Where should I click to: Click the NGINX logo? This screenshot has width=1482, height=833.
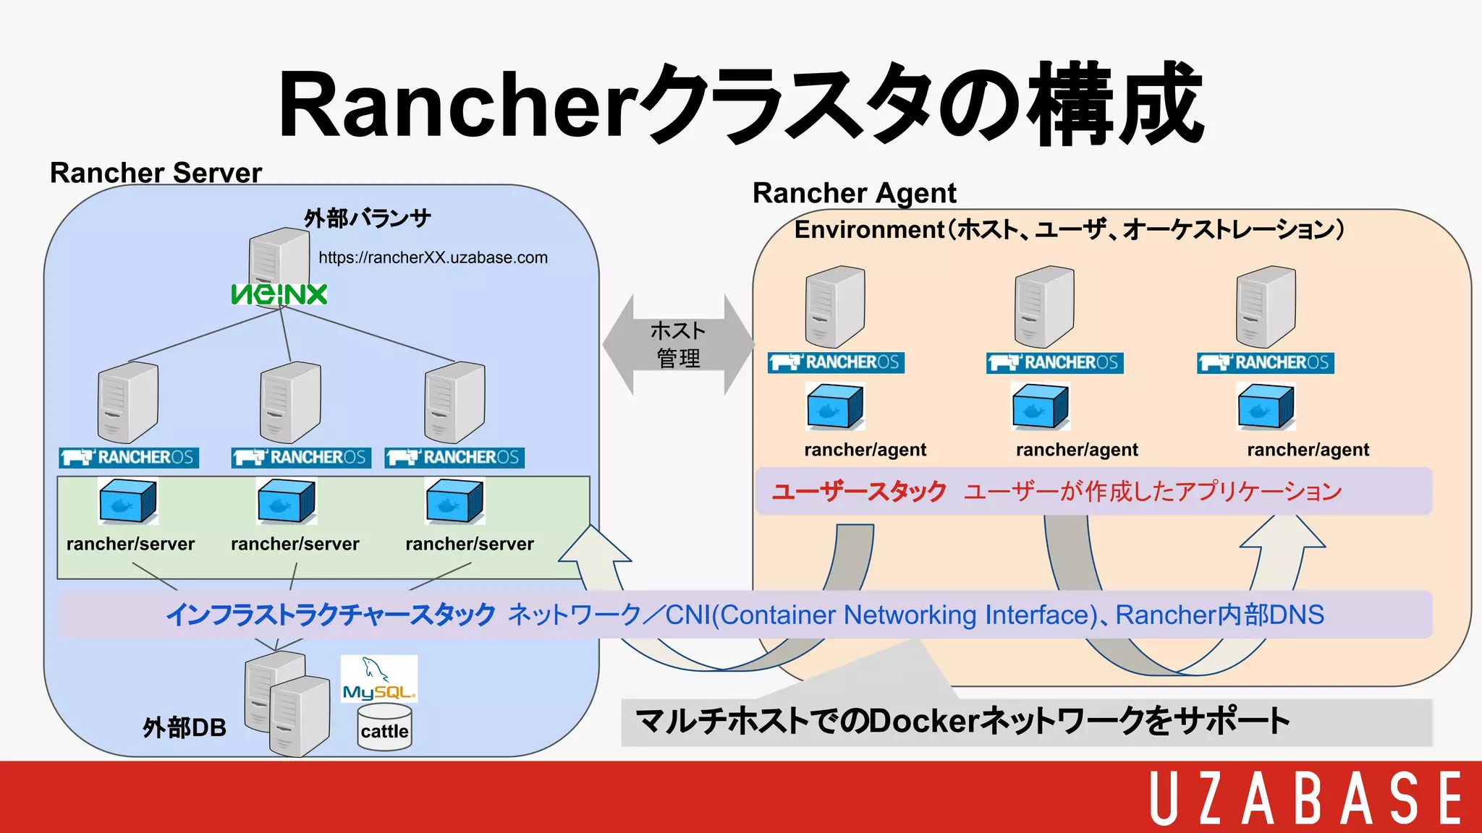pyautogui.click(x=279, y=294)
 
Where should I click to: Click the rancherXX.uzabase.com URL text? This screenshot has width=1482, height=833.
pyautogui.click(x=433, y=257)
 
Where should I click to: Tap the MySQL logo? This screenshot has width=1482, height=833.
pyautogui.click(x=379, y=679)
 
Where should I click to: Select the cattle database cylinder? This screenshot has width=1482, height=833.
pyautogui.click(x=384, y=729)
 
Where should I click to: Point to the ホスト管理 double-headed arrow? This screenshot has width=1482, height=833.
pyautogui.click(x=678, y=344)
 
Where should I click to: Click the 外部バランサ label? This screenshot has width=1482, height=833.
pyautogui.click(x=368, y=218)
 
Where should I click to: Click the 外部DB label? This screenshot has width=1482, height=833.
pyautogui.click(x=184, y=727)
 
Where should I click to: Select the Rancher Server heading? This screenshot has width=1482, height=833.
pyautogui.click(x=156, y=173)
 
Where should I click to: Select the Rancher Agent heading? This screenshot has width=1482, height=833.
pyautogui.click(x=854, y=193)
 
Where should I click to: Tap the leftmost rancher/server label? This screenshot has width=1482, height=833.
pyautogui.click(x=130, y=544)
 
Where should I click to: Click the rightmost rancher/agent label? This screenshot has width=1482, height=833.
pyautogui.click(x=1308, y=450)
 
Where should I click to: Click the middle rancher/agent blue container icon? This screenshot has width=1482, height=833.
pyautogui.click(x=1040, y=406)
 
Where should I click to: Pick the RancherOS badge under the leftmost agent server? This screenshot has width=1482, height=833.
pyautogui.click(x=836, y=362)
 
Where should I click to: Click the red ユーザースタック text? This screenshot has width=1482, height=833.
pyautogui.click(x=859, y=492)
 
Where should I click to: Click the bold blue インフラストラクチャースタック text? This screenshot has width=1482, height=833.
pyautogui.click(x=331, y=615)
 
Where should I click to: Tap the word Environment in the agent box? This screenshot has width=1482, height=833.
pyautogui.click(x=869, y=230)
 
